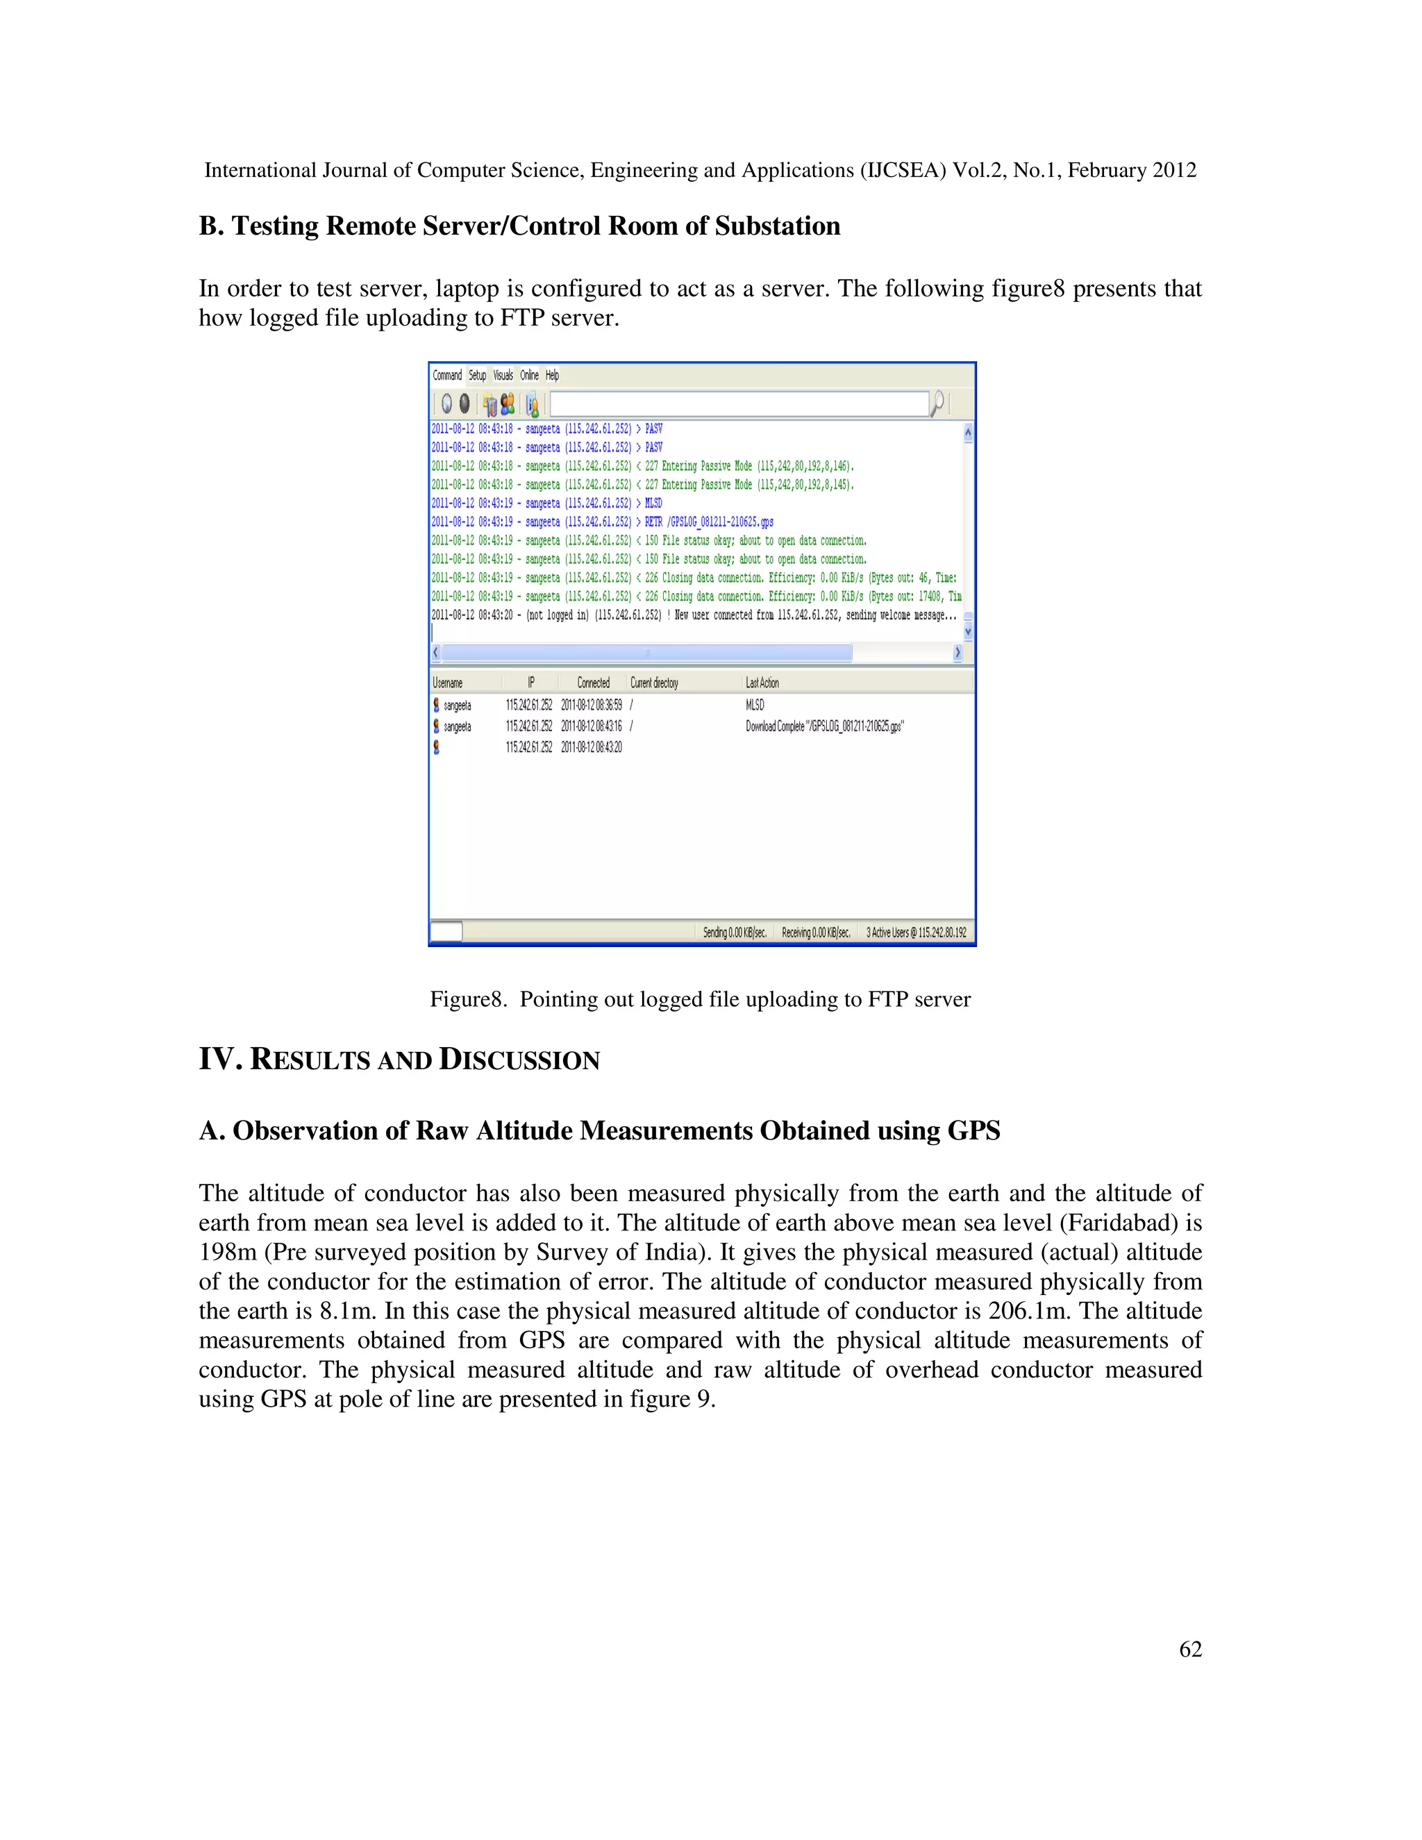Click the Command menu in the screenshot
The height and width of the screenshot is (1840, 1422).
click(446, 375)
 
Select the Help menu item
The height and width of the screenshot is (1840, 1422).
click(552, 375)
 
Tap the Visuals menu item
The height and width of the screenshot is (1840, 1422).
click(503, 375)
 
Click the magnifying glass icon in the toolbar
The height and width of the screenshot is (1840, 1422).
click(937, 403)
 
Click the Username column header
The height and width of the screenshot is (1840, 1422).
click(447, 683)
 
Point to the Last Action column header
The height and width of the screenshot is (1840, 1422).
click(762, 683)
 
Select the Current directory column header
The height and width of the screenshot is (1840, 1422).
click(653, 683)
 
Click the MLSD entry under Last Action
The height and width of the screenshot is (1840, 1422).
click(755, 704)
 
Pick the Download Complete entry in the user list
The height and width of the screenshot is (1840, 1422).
click(824, 726)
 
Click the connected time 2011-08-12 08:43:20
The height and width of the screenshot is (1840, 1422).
click(592, 747)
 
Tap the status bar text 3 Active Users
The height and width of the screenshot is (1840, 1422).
click(916, 932)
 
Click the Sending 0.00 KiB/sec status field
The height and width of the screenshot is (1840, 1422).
click(735, 932)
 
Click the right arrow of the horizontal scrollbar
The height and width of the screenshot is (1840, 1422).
click(957, 653)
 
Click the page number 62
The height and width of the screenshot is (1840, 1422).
click(1189, 1649)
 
